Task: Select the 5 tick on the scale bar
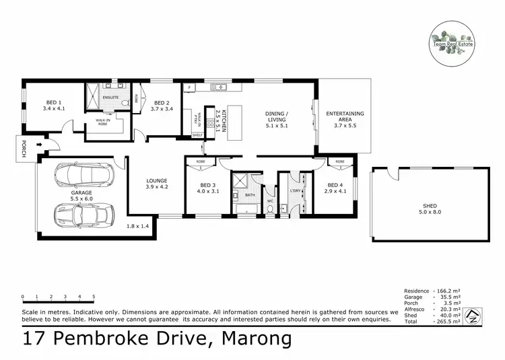pos(94,296)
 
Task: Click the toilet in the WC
pos(271,210)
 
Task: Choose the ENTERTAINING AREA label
pos(345,117)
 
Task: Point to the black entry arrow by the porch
pos(45,143)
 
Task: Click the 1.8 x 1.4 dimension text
pos(138,227)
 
